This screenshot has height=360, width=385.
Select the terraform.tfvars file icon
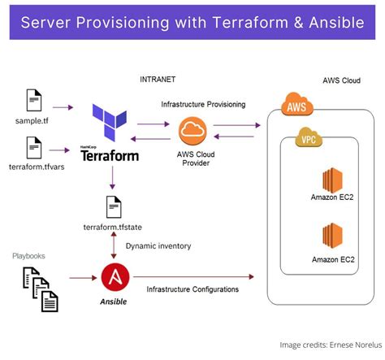click(x=33, y=149)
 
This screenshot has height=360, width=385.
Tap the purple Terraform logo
click(x=110, y=124)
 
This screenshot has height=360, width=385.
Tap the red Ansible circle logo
click(x=115, y=277)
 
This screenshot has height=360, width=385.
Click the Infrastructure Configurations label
click(x=192, y=289)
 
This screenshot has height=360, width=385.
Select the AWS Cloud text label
click(x=340, y=80)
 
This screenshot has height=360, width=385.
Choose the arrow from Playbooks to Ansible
click(x=80, y=279)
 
